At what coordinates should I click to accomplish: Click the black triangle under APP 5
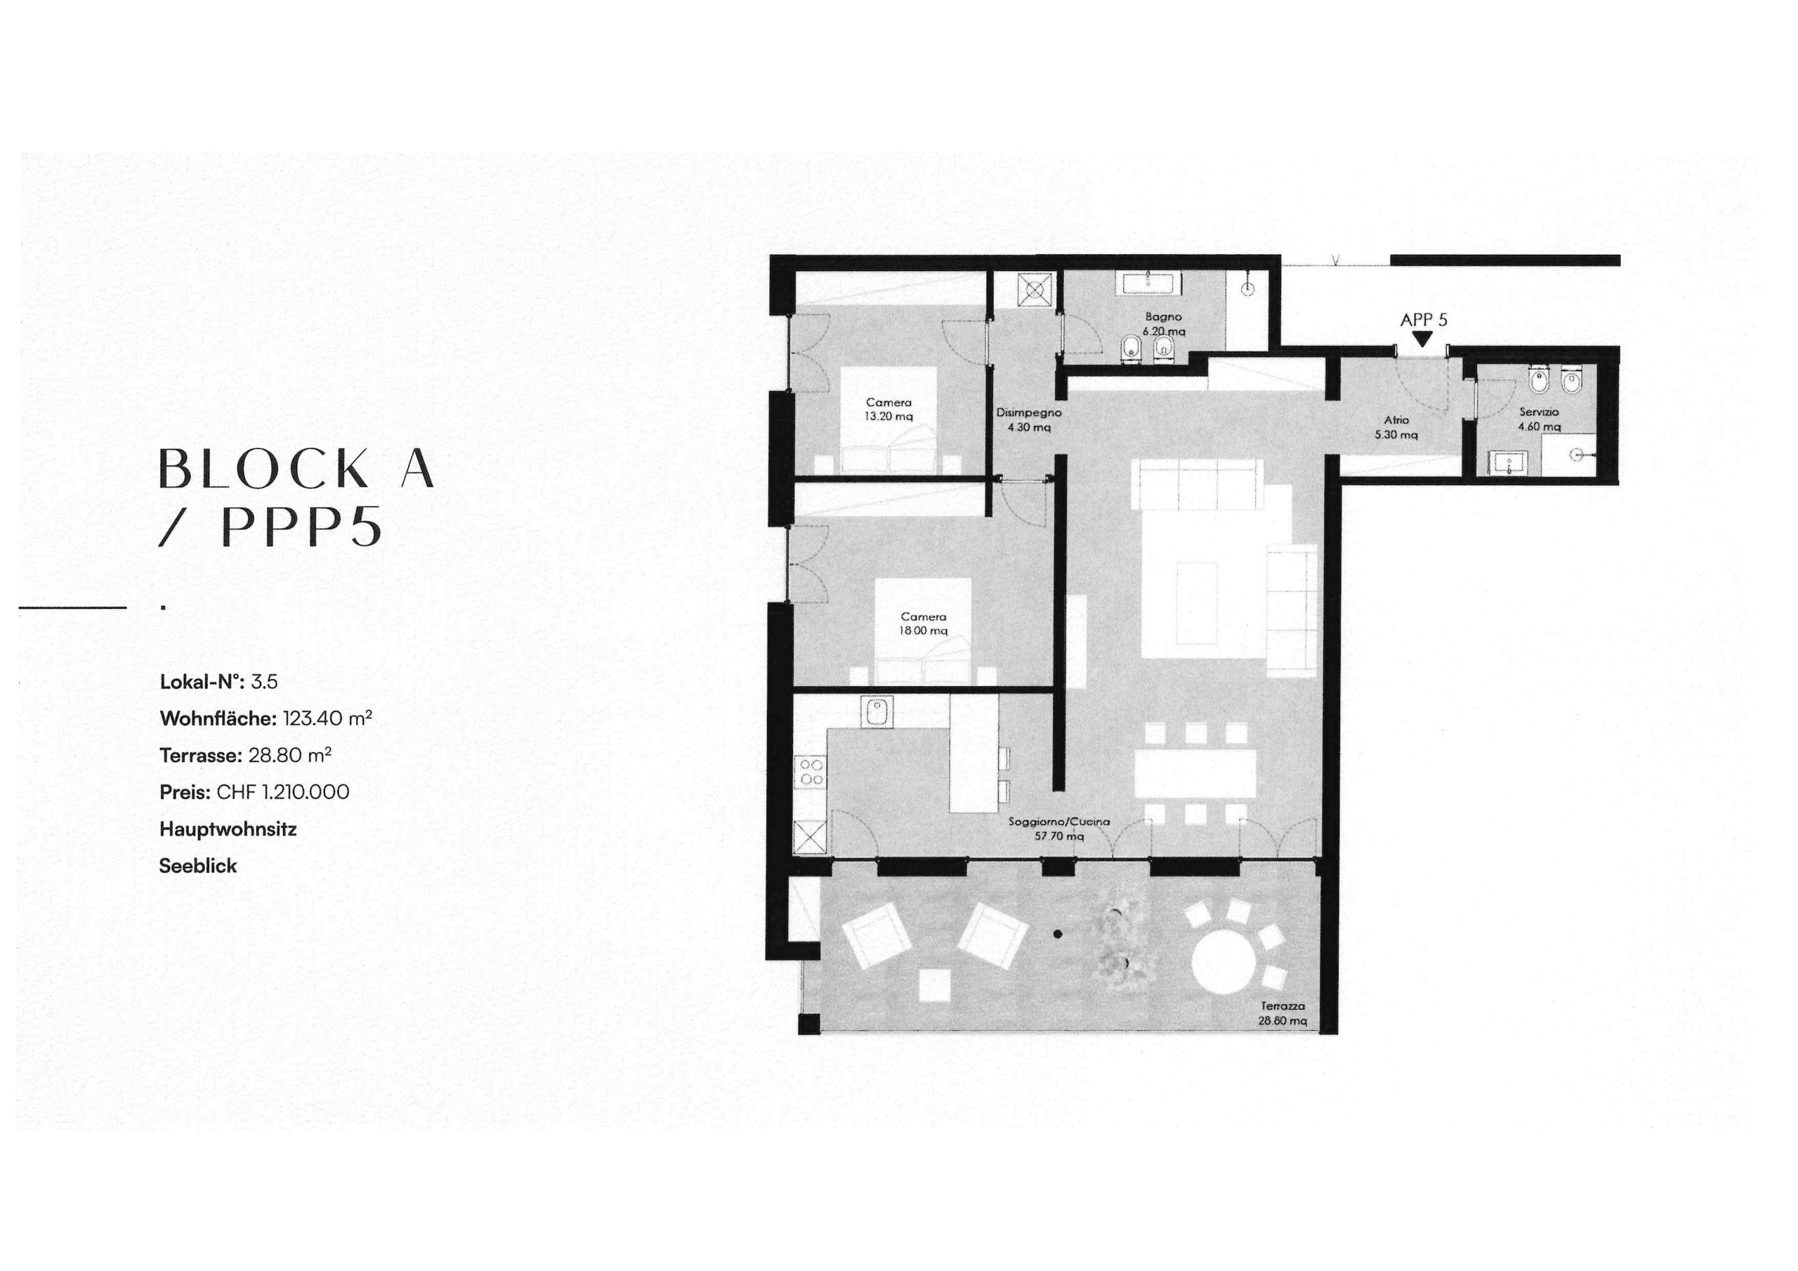[x=1423, y=339]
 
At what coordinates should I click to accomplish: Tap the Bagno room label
[x=1163, y=324]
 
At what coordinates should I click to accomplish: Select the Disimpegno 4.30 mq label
[x=1028, y=420]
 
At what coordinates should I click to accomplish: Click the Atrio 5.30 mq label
[x=1396, y=427]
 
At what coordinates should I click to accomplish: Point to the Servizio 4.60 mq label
[x=1539, y=419]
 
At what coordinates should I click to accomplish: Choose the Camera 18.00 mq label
[x=924, y=624]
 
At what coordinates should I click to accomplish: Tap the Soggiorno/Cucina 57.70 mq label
[x=1058, y=829]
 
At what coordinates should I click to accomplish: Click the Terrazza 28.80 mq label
[x=1282, y=1013]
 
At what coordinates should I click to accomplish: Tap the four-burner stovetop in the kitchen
[x=811, y=771]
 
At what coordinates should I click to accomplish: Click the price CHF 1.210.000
[x=283, y=791]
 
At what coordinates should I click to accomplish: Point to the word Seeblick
[x=198, y=866]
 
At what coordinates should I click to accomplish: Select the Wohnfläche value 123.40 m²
[x=327, y=718]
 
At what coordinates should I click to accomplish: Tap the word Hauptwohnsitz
[x=228, y=829]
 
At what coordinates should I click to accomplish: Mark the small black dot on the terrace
[x=1057, y=933]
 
